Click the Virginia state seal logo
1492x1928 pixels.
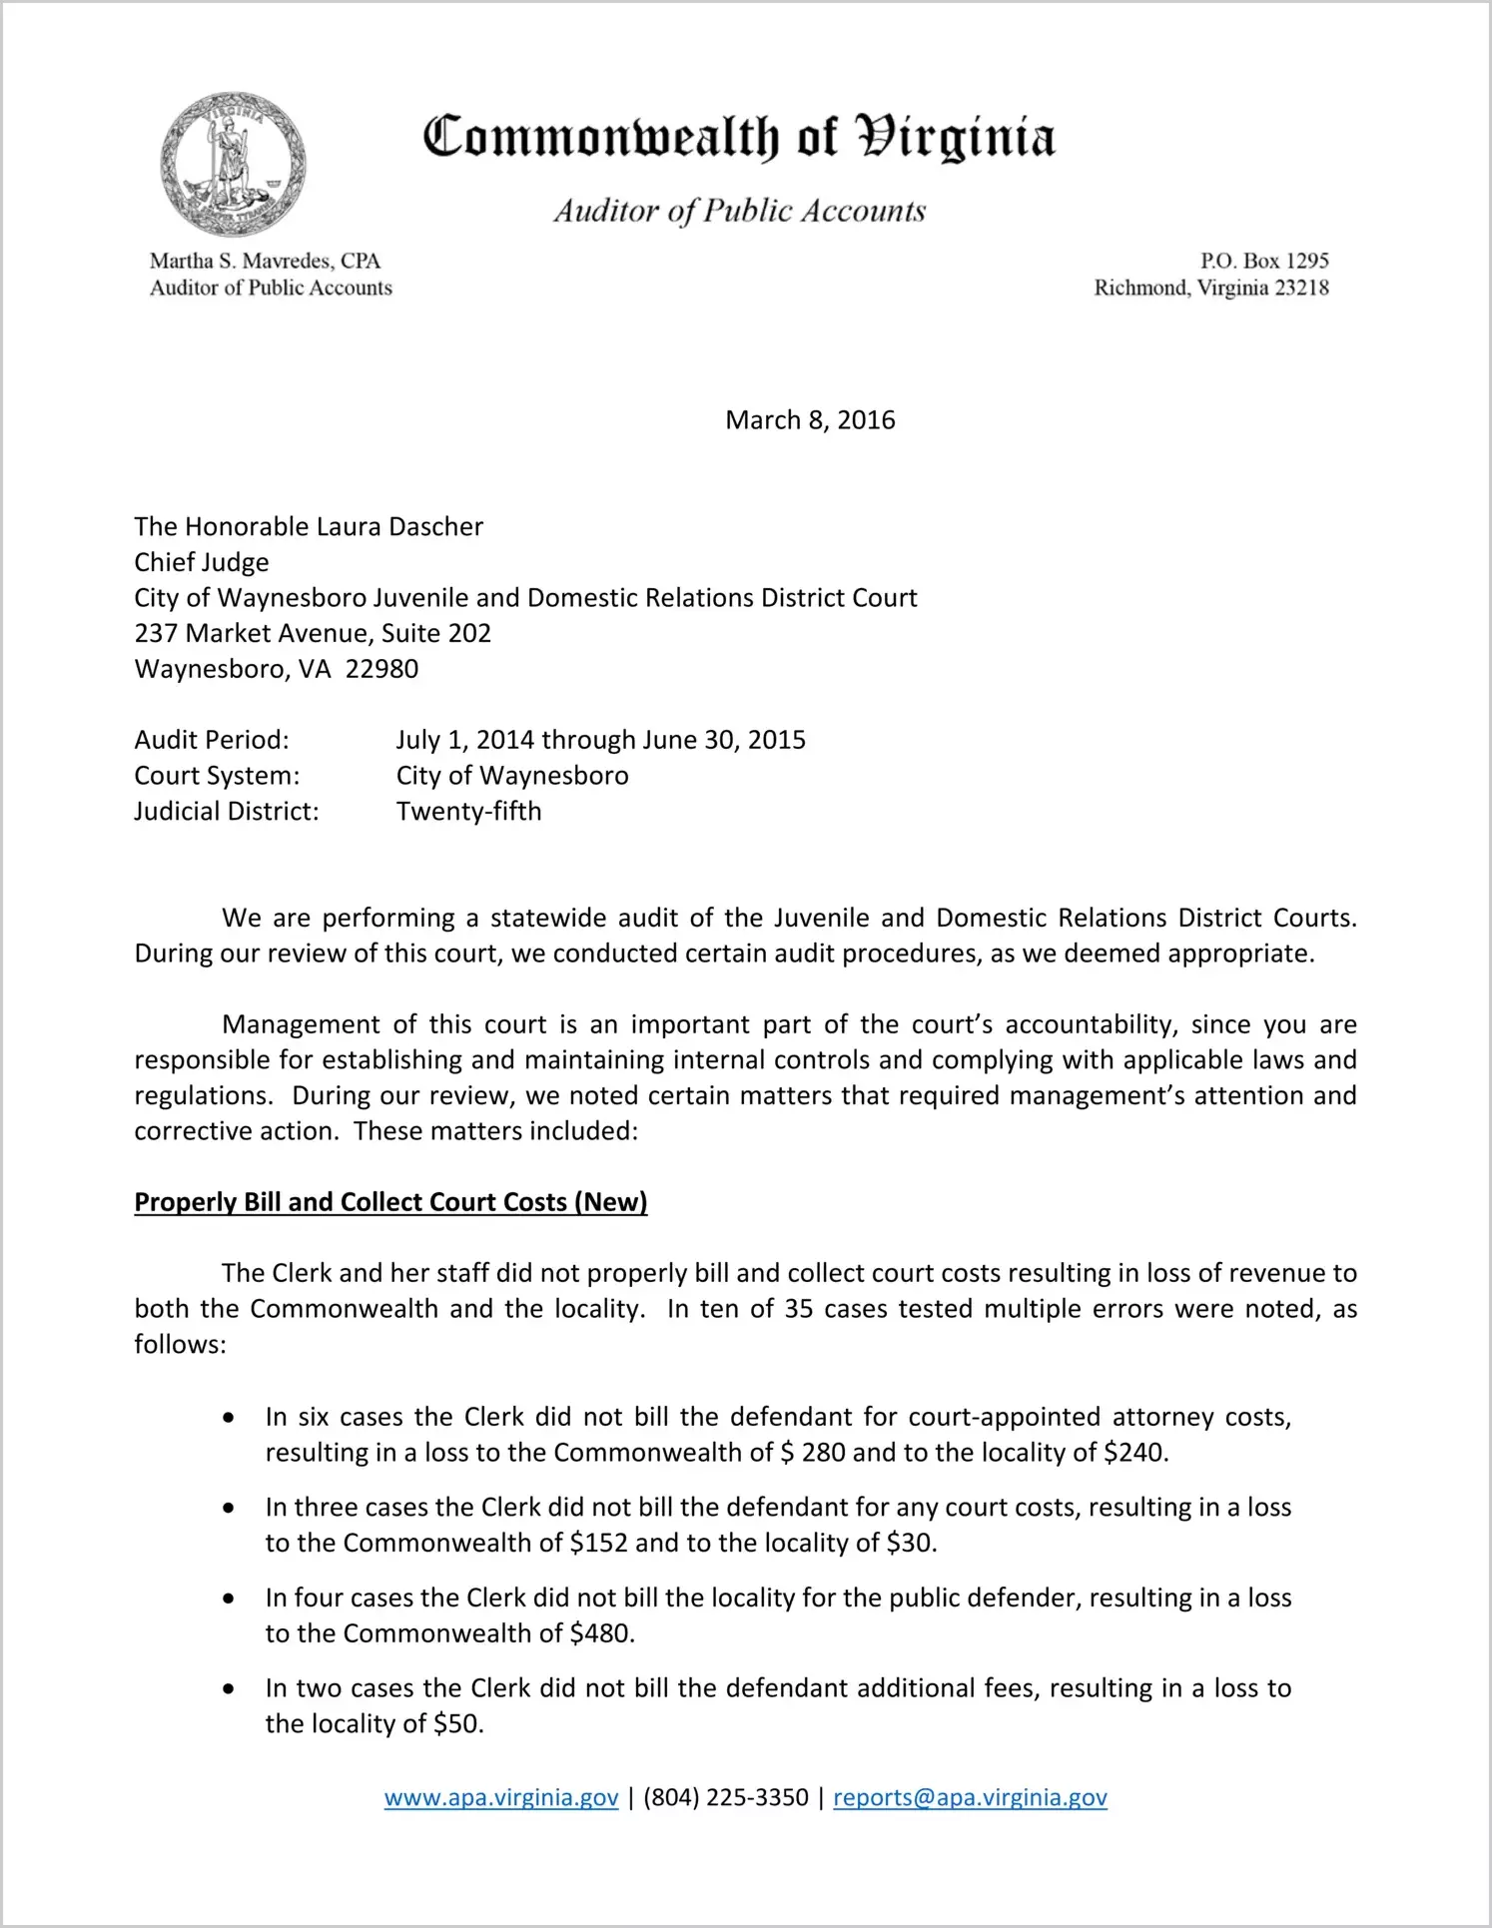233,165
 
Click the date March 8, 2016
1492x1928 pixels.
810,419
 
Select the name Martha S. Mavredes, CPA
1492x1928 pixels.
265,261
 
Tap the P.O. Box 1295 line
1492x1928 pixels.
1263,261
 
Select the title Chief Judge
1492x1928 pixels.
202,562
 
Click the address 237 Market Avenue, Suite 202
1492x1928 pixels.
313,633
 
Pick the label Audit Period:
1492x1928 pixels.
212,740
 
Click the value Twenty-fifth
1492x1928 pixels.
468,811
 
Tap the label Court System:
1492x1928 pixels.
217,776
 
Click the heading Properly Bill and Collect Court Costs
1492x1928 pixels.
390,1202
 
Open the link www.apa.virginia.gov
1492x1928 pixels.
501,1797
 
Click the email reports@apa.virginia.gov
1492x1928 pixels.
970,1797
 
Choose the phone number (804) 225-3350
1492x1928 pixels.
725,1797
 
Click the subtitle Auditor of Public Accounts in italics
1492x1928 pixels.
740,211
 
